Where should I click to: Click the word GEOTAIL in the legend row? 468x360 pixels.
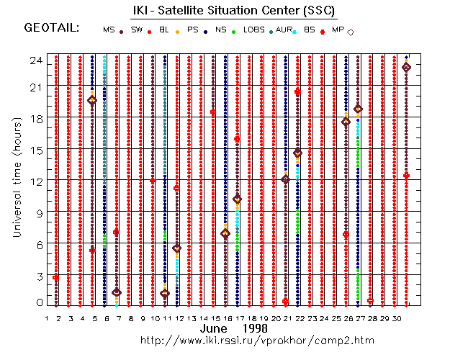click(51, 28)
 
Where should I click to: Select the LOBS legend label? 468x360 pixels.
click(253, 30)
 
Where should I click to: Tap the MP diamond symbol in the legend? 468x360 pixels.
click(351, 32)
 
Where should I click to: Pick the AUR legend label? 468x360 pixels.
click(285, 30)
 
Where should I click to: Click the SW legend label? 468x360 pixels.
click(136, 30)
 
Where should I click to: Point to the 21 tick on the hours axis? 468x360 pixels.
click(35, 86)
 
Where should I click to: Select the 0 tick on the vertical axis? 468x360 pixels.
click(37, 303)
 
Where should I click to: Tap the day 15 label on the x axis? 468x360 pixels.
click(214, 318)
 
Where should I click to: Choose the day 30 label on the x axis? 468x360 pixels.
click(395, 318)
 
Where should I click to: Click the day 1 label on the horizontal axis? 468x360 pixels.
click(46, 318)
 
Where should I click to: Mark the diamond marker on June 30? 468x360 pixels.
click(406, 67)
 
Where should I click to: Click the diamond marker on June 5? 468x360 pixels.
click(92, 101)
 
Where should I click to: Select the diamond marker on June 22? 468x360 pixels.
click(297, 153)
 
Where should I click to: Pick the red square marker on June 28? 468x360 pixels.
click(370, 301)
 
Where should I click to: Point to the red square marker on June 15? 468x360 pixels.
click(213, 112)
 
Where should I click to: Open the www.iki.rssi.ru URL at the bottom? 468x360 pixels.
click(257, 339)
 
